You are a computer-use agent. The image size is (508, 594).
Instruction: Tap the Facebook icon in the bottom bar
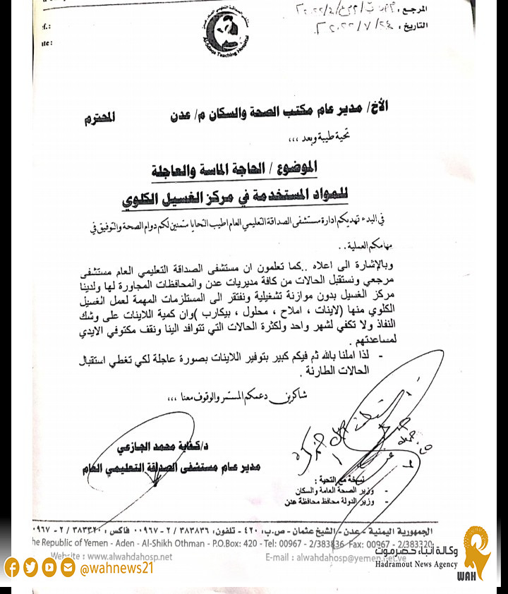tap(12, 567)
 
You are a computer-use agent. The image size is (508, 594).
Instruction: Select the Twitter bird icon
tap(30, 567)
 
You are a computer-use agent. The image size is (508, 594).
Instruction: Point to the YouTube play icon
tap(49, 567)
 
